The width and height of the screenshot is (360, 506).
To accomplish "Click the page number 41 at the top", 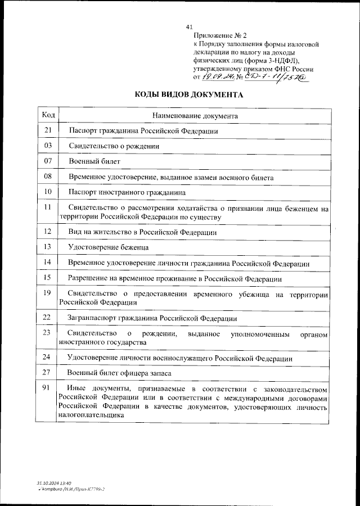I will [189, 26].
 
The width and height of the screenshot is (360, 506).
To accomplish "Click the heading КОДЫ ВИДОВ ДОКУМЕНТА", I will [189, 95].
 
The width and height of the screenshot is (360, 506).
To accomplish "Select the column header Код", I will [48, 115].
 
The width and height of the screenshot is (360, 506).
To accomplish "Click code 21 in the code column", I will [48, 130].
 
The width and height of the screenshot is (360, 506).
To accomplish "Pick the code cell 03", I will [48, 146].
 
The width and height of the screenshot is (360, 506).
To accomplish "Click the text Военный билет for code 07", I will [94, 161].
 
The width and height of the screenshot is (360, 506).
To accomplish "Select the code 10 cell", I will [48, 192].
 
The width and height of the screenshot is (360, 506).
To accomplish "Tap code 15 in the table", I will [48, 278].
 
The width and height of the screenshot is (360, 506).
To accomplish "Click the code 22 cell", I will [48, 318].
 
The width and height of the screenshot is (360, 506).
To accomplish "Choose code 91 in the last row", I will [48, 388].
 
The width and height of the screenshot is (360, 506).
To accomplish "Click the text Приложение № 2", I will [217, 35].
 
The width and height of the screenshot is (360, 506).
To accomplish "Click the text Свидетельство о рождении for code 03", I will [114, 146].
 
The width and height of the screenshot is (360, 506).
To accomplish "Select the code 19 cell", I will [48, 292].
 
